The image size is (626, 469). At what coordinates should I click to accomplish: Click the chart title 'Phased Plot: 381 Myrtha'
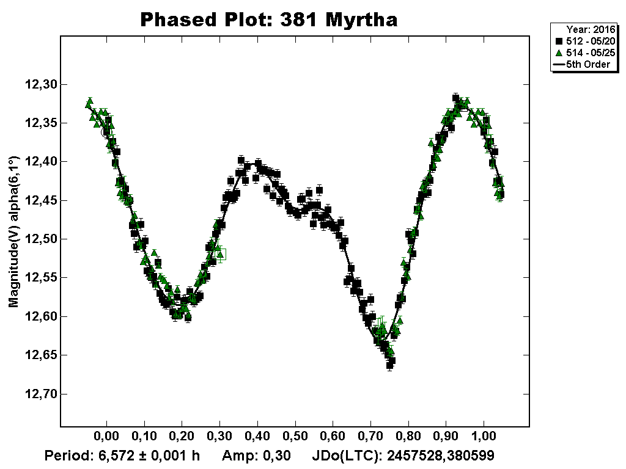(x=269, y=20)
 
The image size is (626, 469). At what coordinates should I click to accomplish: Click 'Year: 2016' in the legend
(x=588, y=29)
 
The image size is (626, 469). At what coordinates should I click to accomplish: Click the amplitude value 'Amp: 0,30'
(x=256, y=456)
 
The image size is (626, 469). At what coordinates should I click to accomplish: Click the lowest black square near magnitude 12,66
(x=390, y=365)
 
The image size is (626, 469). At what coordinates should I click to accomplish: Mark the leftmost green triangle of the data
(x=89, y=102)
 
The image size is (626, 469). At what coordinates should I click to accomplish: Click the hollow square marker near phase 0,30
(x=221, y=254)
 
